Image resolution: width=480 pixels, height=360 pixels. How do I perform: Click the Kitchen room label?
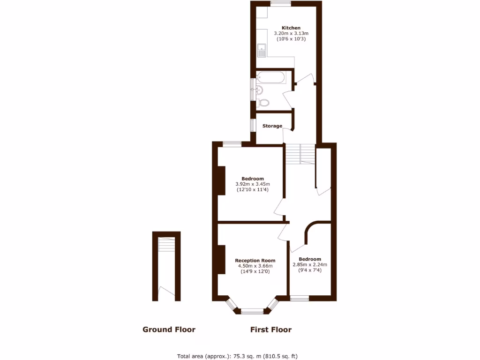click(x=291, y=28)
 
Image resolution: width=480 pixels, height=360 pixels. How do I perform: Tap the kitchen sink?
click(x=261, y=50)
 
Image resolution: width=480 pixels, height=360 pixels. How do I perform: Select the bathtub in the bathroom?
click(x=270, y=77)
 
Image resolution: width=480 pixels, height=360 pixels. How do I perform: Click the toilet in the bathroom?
click(x=263, y=102)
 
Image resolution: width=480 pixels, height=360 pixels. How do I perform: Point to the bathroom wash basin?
click(x=259, y=90)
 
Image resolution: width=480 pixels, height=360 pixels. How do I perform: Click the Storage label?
click(x=272, y=126)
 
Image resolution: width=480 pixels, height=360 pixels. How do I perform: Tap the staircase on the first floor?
click(x=300, y=153)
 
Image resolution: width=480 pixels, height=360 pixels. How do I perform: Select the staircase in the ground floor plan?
click(x=166, y=245)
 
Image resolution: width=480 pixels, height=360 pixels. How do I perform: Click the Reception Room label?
click(x=255, y=261)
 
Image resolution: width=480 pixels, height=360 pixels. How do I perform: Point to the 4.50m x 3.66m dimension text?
click(x=255, y=266)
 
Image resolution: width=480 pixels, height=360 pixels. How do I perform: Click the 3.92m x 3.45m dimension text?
click(x=253, y=184)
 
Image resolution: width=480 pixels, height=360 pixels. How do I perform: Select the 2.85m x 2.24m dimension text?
click(x=310, y=264)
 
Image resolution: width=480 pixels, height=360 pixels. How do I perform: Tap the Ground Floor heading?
click(x=169, y=330)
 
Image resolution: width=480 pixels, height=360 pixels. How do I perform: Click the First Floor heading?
click(x=270, y=330)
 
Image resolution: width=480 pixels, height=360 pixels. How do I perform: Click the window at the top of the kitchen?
click(x=280, y=4)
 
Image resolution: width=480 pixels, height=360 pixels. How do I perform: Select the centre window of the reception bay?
click(x=252, y=310)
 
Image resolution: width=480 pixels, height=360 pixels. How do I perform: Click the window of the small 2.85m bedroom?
click(x=299, y=298)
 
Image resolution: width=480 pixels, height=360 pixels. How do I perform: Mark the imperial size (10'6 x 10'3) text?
click(x=291, y=39)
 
